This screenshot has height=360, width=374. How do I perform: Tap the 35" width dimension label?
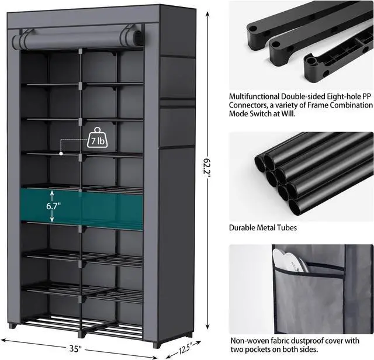pyautogui.click(x=75, y=348)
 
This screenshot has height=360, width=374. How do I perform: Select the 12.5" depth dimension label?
pyautogui.click(x=185, y=348)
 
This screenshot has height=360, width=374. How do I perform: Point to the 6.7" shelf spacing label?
pyautogui.click(x=54, y=206)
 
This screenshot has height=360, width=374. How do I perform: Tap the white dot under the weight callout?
pyautogui.click(x=61, y=153)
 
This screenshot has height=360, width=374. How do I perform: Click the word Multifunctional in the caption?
pyautogui.click(x=254, y=96)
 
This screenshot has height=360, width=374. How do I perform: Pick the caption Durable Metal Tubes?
pyautogui.click(x=263, y=227)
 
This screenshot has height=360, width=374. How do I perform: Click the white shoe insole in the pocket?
pyautogui.click(x=290, y=261)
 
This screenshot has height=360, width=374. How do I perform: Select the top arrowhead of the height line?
pyautogui.click(x=207, y=14)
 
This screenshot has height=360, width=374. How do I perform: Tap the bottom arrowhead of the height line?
pyautogui.click(x=207, y=327)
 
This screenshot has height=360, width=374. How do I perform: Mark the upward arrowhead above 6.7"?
pyautogui.click(x=52, y=192)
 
